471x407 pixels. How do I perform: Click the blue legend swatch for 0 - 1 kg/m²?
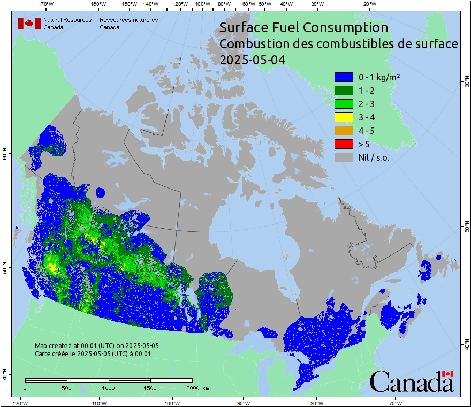tap(344, 77)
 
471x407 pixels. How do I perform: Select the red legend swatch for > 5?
tap(344, 144)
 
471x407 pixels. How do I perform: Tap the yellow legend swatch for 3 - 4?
tap(344, 117)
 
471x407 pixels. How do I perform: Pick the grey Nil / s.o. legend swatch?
tap(344, 157)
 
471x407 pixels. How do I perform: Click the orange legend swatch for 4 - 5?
tap(344, 130)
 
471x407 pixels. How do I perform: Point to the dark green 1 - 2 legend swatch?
tap(344, 90)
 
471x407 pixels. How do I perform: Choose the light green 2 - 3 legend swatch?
tap(344, 103)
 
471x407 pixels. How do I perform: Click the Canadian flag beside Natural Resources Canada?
tap(29, 23)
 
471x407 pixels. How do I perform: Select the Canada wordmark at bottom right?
tap(412, 382)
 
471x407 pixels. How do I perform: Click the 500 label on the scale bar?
tap(66, 388)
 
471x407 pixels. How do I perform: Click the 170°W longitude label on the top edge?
tap(47, 4)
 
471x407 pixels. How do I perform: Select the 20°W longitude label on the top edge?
tap(369, 4)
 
